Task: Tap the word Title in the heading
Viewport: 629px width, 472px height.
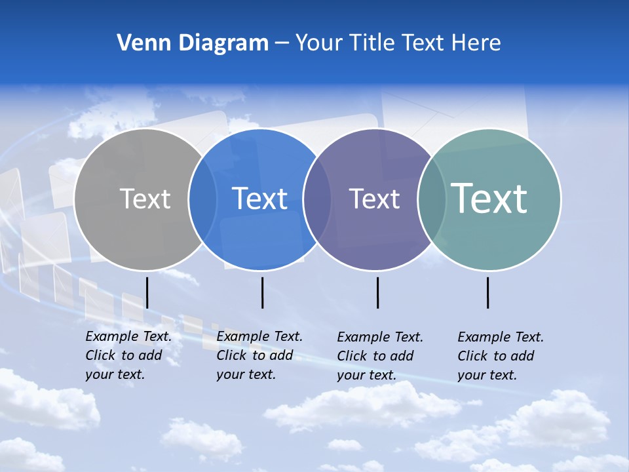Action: coord(372,43)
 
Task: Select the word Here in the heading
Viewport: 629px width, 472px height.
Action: coord(476,43)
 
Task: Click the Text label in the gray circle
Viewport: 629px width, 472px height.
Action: coord(145,199)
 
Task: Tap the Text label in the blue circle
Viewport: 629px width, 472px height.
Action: coord(259,199)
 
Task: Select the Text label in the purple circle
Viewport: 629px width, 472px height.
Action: coord(374,199)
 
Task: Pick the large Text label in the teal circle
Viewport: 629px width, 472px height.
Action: coord(489,198)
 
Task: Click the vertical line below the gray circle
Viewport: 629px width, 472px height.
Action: coord(147,292)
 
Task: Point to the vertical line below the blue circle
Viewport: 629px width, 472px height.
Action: coord(262,292)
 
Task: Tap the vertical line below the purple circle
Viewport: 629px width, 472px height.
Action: coord(377,292)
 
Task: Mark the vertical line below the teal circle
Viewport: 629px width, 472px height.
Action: coord(488,292)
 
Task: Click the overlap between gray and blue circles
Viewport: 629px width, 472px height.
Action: coord(202,199)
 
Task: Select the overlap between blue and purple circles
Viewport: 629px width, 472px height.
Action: coord(316,199)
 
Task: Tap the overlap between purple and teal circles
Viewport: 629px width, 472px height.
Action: coord(431,199)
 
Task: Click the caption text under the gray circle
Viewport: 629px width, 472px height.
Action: coord(128,355)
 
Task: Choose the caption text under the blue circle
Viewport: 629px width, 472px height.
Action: coord(259,355)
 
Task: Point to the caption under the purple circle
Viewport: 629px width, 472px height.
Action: coord(379,356)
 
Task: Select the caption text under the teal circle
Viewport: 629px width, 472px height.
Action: coord(500,356)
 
